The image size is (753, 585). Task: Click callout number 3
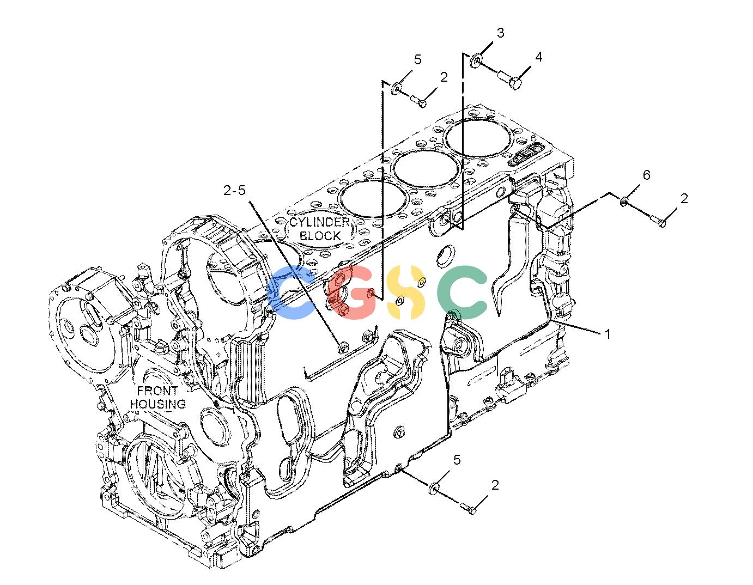[501, 33]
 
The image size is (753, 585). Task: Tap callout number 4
[538, 57]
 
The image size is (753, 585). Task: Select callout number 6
[647, 175]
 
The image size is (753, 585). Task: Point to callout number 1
[607, 334]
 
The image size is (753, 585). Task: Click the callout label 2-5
[234, 190]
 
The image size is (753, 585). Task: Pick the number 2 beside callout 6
[684, 198]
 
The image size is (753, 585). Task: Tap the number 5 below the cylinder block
[457, 460]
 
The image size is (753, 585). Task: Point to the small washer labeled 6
[624, 201]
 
